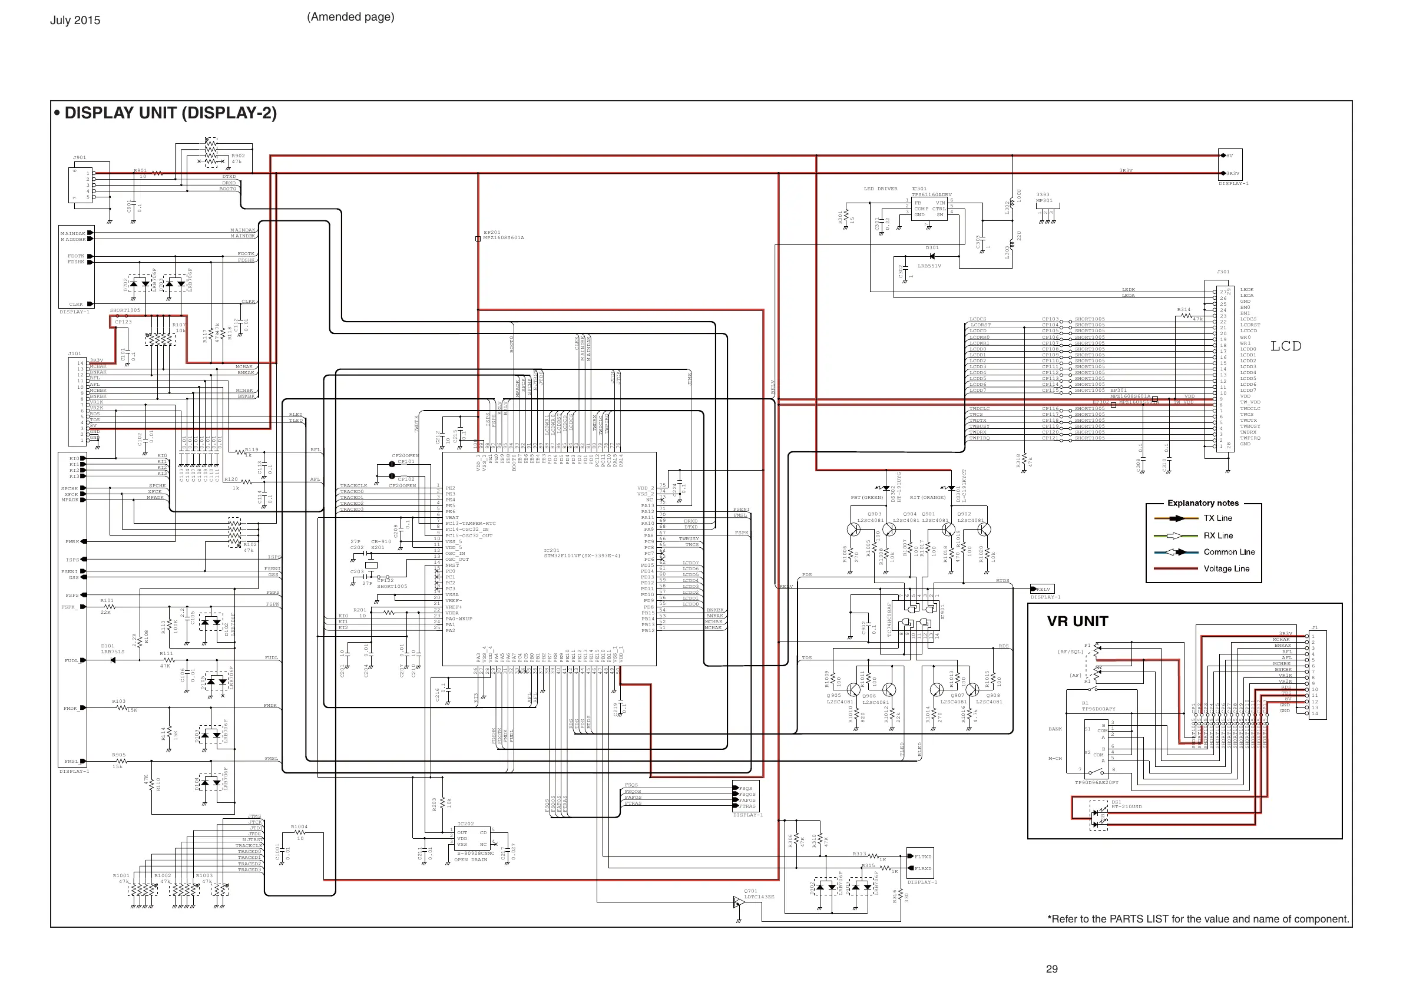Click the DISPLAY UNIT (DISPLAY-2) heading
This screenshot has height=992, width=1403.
(170, 113)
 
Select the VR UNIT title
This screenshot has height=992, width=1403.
(1077, 621)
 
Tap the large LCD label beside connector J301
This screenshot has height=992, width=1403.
(1286, 346)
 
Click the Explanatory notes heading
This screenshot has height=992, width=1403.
(1203, 503)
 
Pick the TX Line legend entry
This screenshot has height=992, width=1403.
(1217, 518)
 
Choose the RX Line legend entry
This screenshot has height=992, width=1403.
(1218, 535)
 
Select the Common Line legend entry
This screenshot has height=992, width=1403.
(1229, 552)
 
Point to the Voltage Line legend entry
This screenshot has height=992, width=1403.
(1226, 568)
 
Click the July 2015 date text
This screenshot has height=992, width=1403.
(75, 20)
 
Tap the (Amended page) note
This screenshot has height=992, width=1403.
(350, 17)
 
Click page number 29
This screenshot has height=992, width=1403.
(1051, 969)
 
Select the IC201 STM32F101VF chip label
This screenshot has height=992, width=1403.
(582, 553)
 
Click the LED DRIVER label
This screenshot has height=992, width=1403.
(880, 189)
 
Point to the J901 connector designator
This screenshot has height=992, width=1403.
(80, 158)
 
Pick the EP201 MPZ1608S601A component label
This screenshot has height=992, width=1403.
(503, 235)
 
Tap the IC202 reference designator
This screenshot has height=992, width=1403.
(466, 824)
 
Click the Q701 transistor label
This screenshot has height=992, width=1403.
(750, 891)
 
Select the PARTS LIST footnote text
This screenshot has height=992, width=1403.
(1197, 920)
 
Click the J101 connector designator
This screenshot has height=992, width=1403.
(75, 354)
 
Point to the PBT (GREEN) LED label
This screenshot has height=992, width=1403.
(866, 498)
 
